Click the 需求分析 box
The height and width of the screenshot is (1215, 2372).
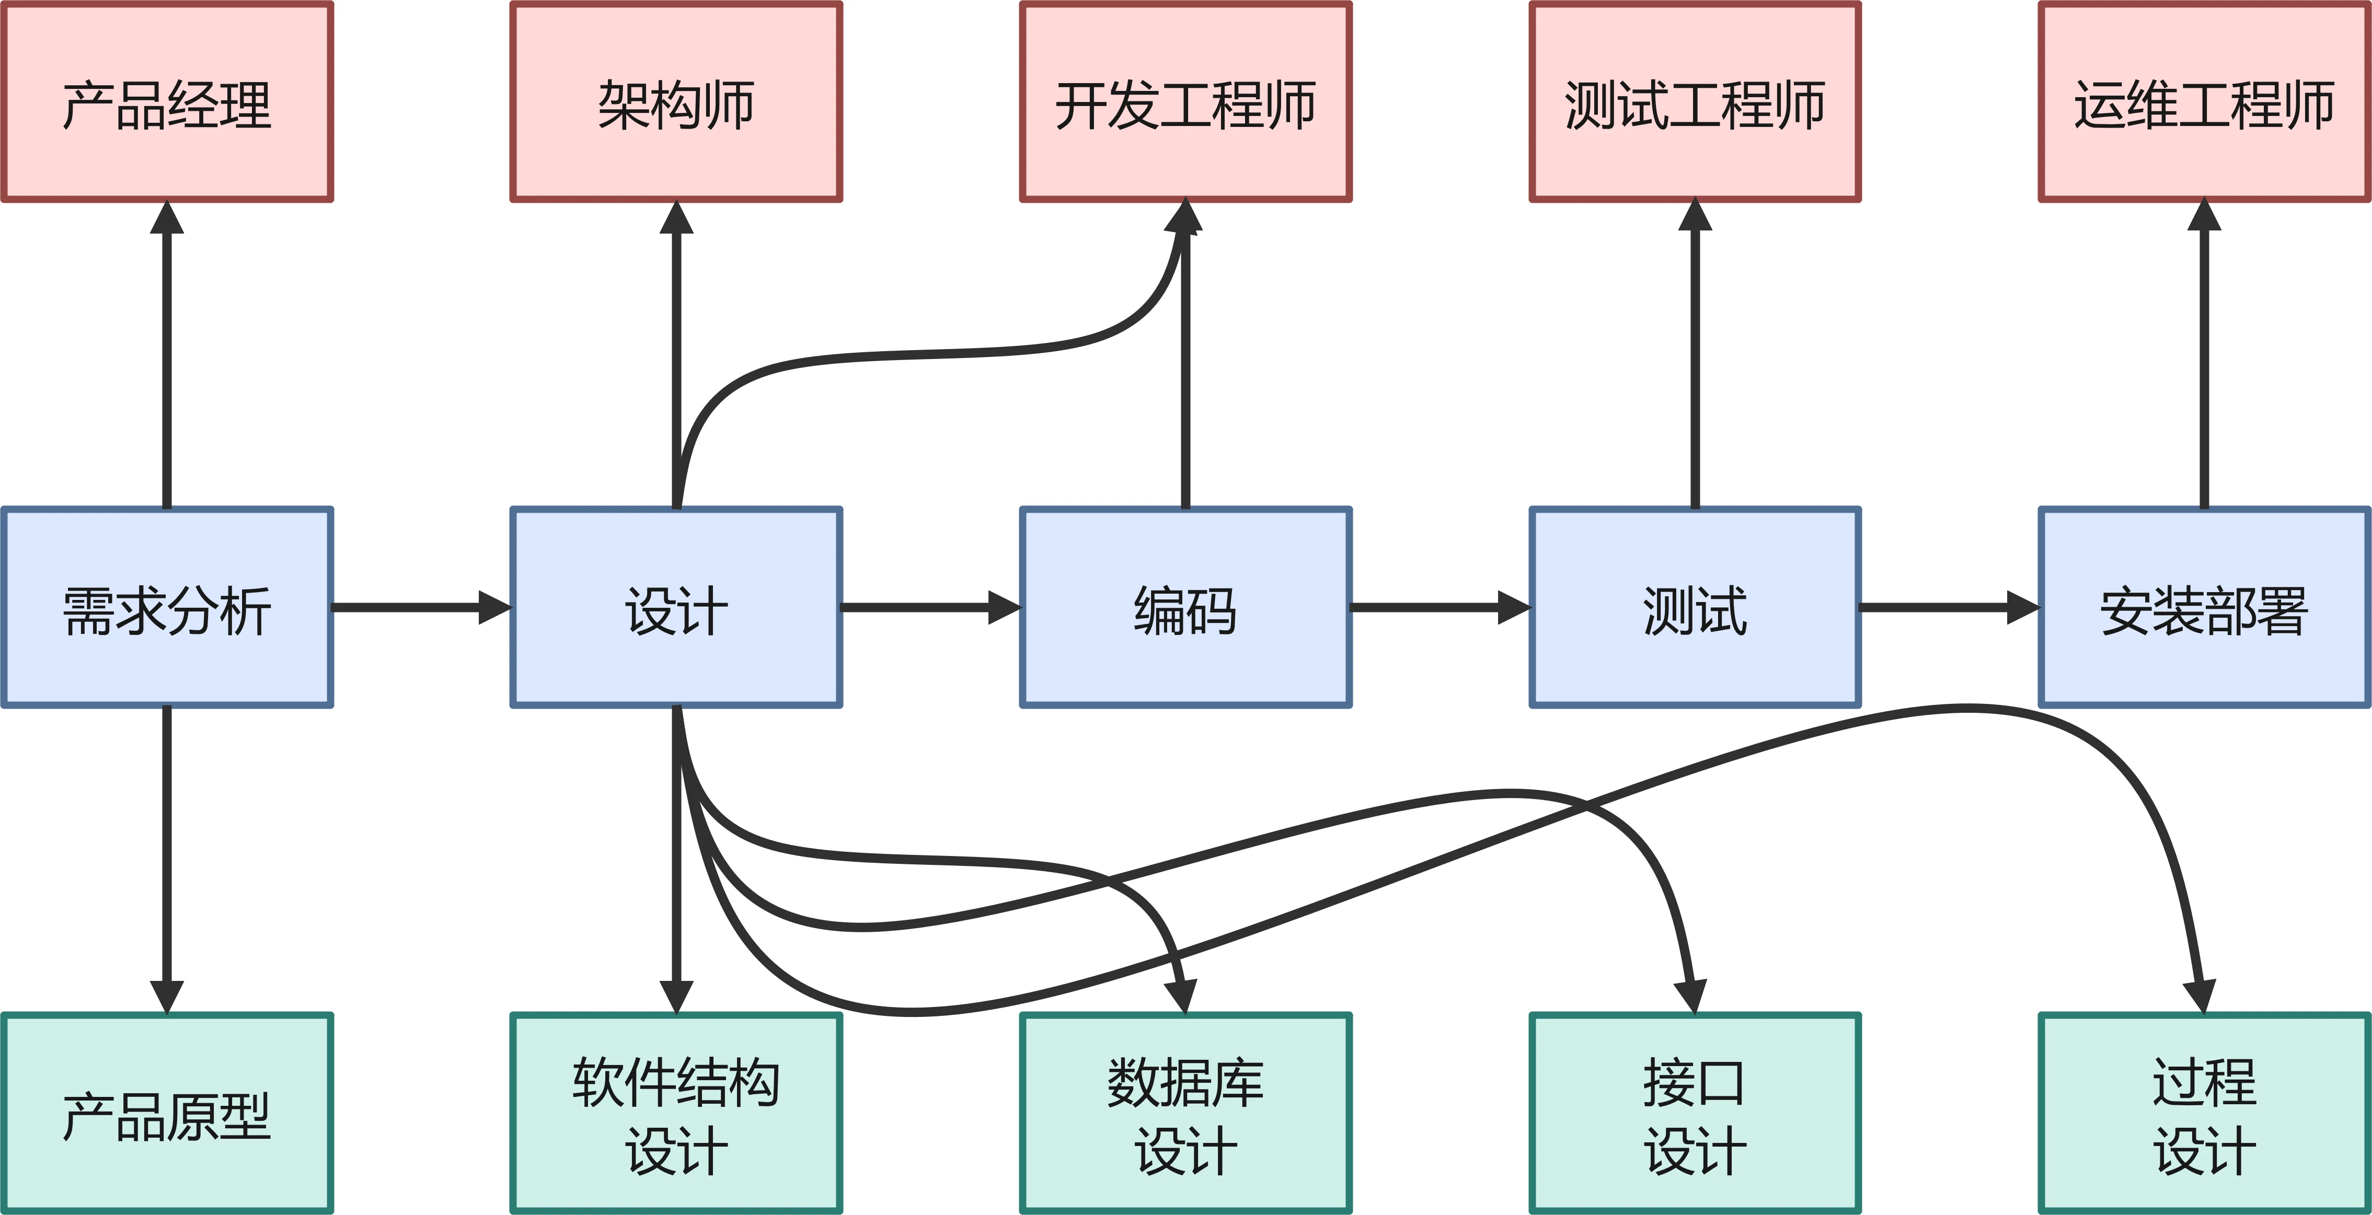click(x=167, y=607)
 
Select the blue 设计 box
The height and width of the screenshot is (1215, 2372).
click(x=676, y=607)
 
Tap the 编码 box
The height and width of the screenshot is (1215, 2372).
click(x=1185, y=607)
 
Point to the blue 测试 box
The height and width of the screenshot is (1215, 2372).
click(x=1694, y=607)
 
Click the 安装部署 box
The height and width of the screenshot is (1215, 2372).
click(x=2204, y=607)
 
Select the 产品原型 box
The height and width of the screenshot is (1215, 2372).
click(x=167, y=1114)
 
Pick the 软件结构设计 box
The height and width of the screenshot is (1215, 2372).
click(x=676, y=1114)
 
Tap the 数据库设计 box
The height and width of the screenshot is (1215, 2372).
click(x=1185, y=1114)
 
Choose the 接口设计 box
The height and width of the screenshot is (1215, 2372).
click(x=1694, y=1114)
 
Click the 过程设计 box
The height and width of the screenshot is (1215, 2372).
click(x=2204, y=1114)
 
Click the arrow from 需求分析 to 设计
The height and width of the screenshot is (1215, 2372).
click(x=414, y=607)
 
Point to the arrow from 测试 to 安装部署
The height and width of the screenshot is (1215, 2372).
click(x=1943, y=607)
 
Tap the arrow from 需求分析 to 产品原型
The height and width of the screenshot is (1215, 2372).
click(x=167, y=856)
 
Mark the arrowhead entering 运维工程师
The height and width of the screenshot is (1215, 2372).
click(x=2204, y=217)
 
